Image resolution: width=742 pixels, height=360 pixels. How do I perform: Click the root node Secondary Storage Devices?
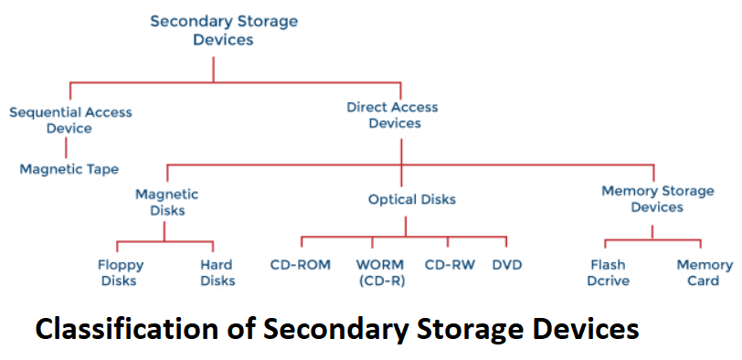point(224,30)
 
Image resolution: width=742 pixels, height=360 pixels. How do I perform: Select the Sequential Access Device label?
point(70,121)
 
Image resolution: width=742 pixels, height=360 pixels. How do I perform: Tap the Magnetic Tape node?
point(69,169)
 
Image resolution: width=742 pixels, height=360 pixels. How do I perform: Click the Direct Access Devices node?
point(392,115)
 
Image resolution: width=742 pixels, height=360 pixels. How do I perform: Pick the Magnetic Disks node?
point(167,202)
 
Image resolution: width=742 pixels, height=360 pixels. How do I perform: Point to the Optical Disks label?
point(412,199)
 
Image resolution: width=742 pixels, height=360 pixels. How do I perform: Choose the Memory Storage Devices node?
point(658,199)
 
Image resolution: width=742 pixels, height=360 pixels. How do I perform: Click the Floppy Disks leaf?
point(120,272)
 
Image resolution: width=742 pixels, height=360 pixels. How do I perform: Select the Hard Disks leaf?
point(217,272)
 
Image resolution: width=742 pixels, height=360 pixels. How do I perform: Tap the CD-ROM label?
point(301,264)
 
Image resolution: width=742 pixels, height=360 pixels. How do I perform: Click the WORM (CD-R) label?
point(380,272)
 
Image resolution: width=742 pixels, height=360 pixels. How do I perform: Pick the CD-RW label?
point(450,264)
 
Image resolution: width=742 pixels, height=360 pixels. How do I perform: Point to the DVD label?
point(507,264)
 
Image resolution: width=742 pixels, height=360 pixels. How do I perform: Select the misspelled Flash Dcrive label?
point(609,272)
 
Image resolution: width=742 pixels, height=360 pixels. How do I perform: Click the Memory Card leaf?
point(705,272)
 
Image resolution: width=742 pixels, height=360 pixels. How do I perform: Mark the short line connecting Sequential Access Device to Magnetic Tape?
point(66,147)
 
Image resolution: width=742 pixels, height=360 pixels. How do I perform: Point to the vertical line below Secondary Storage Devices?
point(213,69)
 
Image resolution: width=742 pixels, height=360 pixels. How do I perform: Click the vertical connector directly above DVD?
point(506,242)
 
